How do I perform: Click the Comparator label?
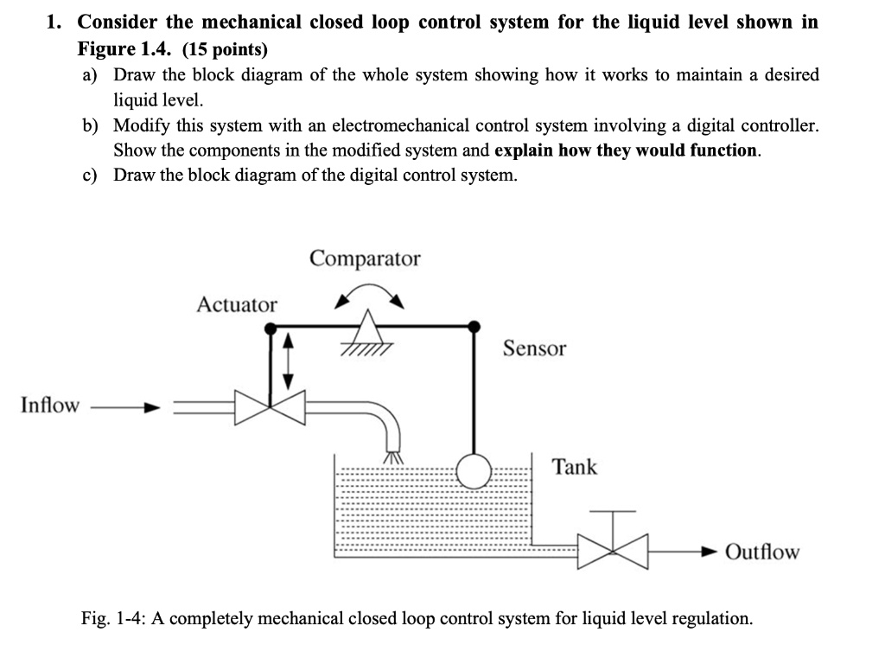(x=365, y=259)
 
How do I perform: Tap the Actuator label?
(x=237, y=304)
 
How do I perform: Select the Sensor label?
(x=534, y=348)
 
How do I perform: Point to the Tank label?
(x=575, y=467)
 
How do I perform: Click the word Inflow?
(x=49, y=405)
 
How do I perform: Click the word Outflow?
(x=762, y=552)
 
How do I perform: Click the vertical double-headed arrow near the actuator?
(x=290, y=360)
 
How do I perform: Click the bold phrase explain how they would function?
(x=627, y=150)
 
